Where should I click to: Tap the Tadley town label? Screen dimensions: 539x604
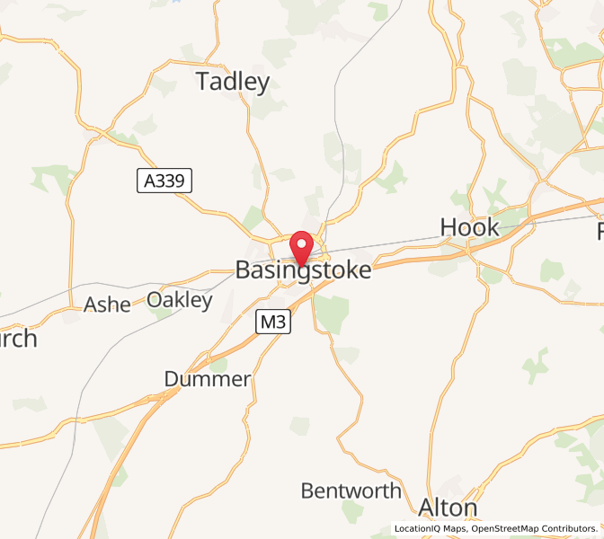[233, 83]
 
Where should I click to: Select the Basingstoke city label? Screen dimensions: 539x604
[303, 269]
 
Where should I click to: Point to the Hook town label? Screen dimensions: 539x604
[469, 227]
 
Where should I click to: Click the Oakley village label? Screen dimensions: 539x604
[180, 300]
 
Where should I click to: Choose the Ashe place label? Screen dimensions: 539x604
[108, 305]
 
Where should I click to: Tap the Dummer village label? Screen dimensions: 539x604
[208, 379]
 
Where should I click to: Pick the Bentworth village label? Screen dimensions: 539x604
[351, 491]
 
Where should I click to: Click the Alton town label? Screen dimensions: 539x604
[448, 508]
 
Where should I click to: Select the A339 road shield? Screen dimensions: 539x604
[164, 181]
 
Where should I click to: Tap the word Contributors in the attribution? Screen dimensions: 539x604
[571, 528]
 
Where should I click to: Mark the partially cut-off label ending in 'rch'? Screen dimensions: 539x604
[18, 339]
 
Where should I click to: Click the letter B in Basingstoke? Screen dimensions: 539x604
[243, 269]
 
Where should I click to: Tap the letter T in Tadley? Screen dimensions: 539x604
[203, 83]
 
